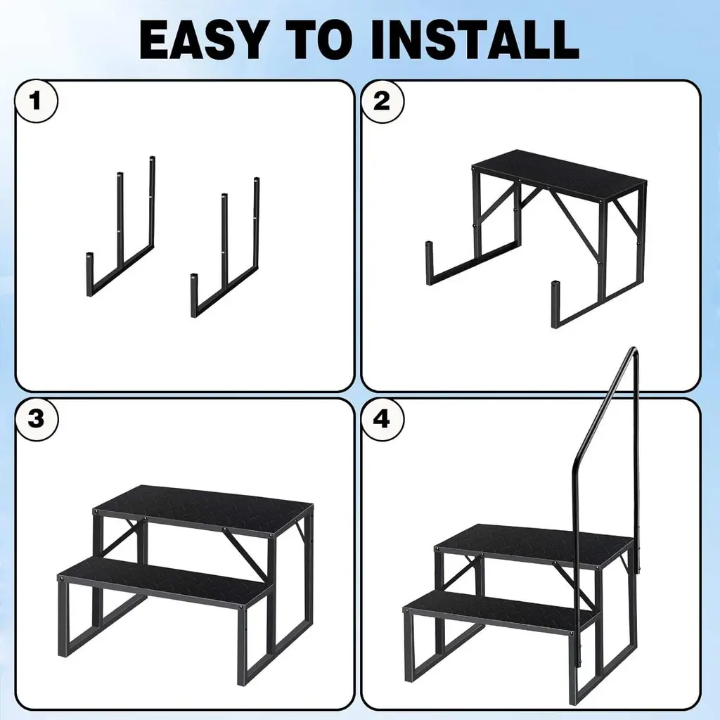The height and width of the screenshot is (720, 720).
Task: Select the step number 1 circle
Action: tap(37, 101)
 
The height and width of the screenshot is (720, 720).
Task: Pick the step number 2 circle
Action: tap(382, 101)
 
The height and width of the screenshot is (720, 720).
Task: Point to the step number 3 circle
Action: tap(37, 419)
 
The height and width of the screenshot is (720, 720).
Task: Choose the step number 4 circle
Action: tap(382, 419)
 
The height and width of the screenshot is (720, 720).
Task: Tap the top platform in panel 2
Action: tap(559, 174)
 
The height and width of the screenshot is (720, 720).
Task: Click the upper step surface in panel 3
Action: tap(203, 511)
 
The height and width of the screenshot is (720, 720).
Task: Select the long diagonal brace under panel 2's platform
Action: tap(577, 226)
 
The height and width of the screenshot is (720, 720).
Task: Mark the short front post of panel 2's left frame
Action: tap(430, 263)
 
